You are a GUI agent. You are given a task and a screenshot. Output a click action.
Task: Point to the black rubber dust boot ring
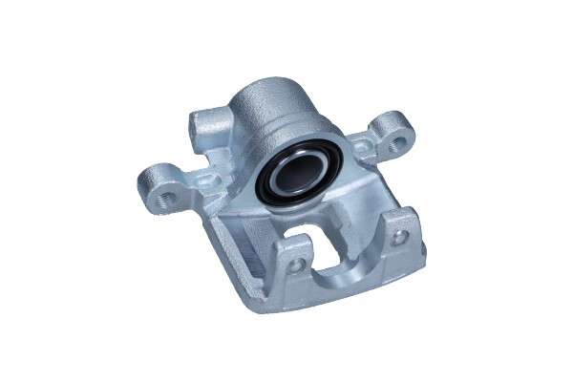click(x=264, y=191)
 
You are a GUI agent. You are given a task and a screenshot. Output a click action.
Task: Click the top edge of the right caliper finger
click(x=393, y=215)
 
